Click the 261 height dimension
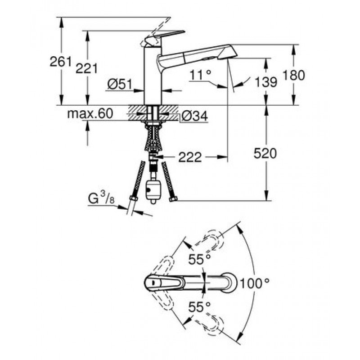pos(61,62)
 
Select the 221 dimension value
pos(86,68)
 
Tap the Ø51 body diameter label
pos(120,84)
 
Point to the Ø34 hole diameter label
pos(195,116)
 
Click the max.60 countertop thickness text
pos(90,113)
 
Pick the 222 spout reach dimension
pos(190,157)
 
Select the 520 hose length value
pos(265,153)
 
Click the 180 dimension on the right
pos(294,75)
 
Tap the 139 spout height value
pos(266,82)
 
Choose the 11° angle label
pos(200,75)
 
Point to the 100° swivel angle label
pos(255,283)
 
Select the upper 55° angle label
pos(199,260)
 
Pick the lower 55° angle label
pos(199,307)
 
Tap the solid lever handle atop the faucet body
pos(164,37)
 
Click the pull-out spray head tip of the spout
pos(228,53)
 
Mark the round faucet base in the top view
pos(229,283)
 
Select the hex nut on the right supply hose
pos(173,198)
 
